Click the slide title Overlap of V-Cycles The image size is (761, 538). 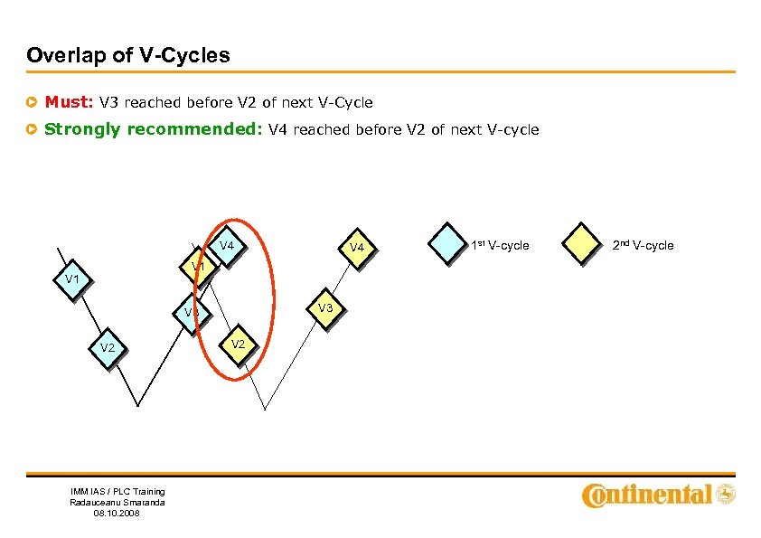[128, 55]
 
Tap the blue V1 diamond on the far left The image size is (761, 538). [72, 279]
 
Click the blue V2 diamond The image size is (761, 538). [108, 347]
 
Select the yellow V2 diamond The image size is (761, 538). [238, 345]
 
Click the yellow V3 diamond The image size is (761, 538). [325, 308]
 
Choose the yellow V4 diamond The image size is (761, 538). [356, 247]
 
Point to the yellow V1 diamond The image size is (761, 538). [198, 268]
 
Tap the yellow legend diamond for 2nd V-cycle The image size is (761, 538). [581, 245]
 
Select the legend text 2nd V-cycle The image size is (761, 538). [643, 246]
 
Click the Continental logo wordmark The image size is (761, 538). [648, 495]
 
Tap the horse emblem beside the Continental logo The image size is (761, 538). [725, 495]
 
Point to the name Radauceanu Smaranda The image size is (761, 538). [117, 502]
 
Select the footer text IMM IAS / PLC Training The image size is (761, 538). [117, 491]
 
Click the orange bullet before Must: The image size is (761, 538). [33, 103]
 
